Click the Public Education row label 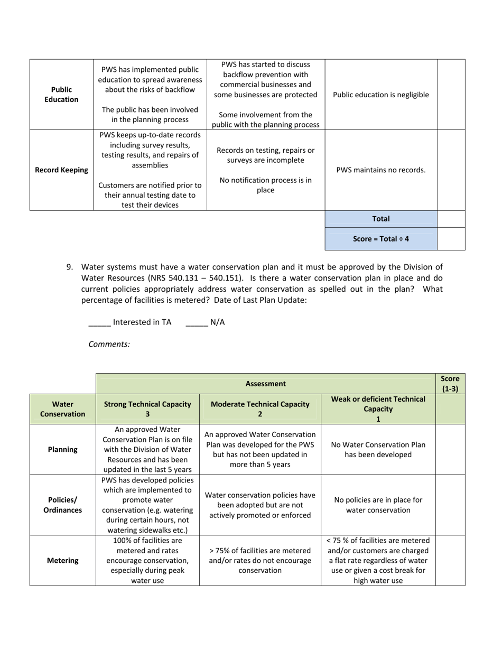(61, 95)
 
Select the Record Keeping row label (61, 170)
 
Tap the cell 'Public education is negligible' (381, 95)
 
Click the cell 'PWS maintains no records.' (381, 170)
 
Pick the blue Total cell (381, 219)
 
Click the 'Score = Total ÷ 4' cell (381, 239)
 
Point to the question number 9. (70, 267)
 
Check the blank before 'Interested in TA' (99, 322)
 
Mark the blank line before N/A (197, 322)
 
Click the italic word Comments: (109, 344)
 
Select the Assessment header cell (265, 384)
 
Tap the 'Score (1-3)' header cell (450, 384)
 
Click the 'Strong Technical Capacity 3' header (147, 409)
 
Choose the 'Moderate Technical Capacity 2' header (260, 409)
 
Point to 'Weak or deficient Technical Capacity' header (378, 409)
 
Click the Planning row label (62, 450)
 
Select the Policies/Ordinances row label (62, 505)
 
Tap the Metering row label (62, 561)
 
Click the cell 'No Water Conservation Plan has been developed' (378, 450)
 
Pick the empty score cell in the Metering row (450, 561)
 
